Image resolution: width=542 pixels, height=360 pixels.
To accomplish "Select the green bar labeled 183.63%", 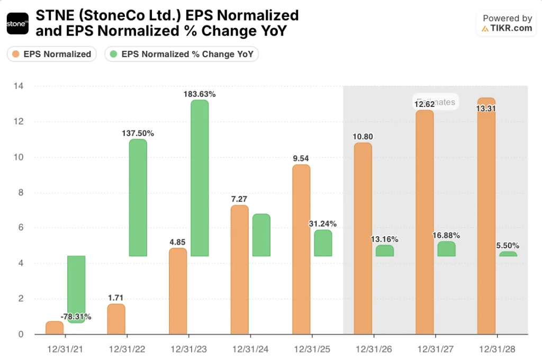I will tap(200, 177).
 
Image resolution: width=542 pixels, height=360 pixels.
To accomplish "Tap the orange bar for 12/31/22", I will tap(116, 319).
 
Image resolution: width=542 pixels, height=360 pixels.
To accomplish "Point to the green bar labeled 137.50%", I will tap(138, 197).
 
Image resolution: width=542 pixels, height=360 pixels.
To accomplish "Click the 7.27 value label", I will tap(239, 199).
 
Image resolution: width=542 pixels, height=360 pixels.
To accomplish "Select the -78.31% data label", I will tap(76, 317).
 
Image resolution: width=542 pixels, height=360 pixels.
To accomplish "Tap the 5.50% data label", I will tap(508, 246).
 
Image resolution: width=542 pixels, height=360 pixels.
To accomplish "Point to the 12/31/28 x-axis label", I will tap(496, 349).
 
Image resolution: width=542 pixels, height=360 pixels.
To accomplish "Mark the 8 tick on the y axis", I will tap(20, 193).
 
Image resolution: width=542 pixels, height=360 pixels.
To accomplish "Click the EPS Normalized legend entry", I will tap(52, 54).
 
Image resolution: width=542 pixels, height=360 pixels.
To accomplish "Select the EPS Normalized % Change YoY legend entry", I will tap(182, 54).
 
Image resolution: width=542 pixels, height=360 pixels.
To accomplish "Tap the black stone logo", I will tap(17, 24).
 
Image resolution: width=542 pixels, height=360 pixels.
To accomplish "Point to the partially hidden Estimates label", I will tap(436, 102).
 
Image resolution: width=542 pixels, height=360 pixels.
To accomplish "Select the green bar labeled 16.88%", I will tap(446, 249).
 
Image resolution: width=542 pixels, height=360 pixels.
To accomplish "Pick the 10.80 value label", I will tap(363, 137).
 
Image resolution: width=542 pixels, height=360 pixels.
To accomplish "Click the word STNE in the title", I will tap(51, 15).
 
